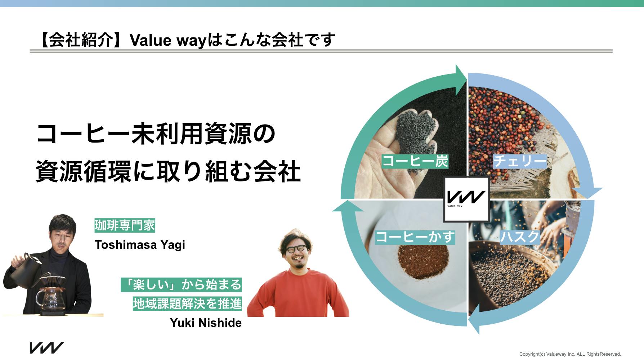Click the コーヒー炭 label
(415, 161)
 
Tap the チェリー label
(520, 161)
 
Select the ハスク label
(519, 237)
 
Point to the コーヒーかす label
(415, 237)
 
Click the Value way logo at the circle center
(466, 199)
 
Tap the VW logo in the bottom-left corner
(46, 348)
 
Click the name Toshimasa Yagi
(140, 245)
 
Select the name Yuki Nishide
(206, 323)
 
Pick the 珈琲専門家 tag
(125, 226)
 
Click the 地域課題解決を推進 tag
(187, 304)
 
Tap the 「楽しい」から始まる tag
(181, 285)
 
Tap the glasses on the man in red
(293, 249)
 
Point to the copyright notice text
(571, 354)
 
